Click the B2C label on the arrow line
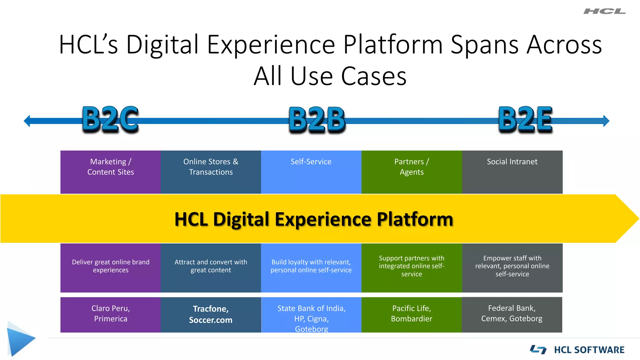[110, 119]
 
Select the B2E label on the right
[525, 119]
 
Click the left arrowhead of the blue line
[27, 121]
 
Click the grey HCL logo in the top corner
[604, 12]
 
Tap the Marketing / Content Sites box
[111, 172]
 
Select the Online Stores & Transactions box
[211, 172]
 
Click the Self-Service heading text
[311, 162]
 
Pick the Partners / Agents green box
[412, 172]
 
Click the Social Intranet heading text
[512, 162]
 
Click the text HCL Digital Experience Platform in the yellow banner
[313, 219]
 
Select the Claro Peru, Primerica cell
[111, 314]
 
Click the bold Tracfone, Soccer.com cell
[211, 314]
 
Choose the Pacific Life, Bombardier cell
[412, 314]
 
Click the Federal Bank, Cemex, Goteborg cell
[512, 314]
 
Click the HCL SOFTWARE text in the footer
[589, 350]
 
